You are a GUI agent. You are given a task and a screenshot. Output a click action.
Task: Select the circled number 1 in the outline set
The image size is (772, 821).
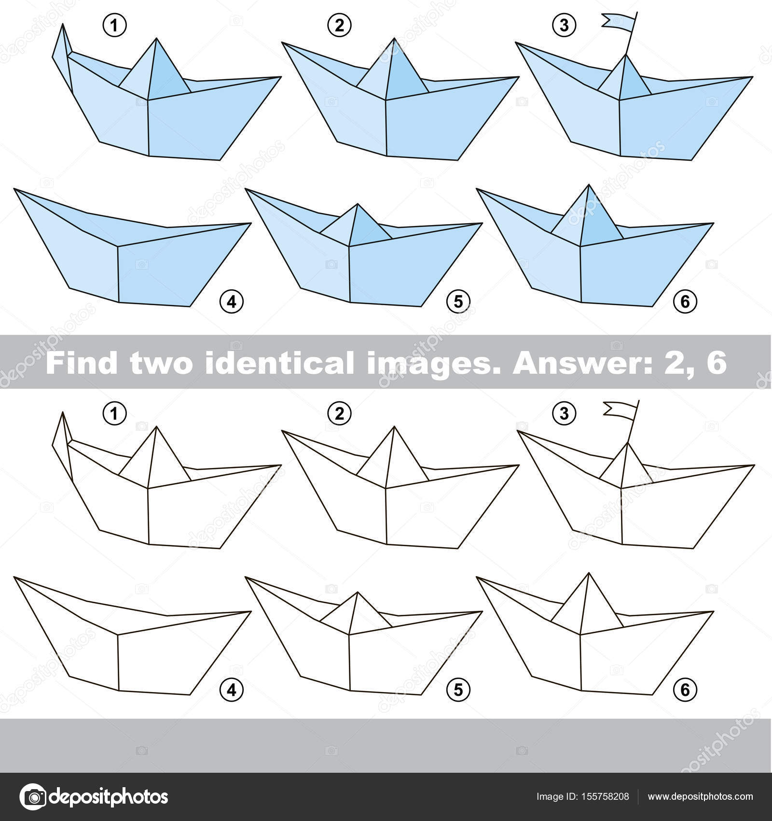click(x=114, y=414)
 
